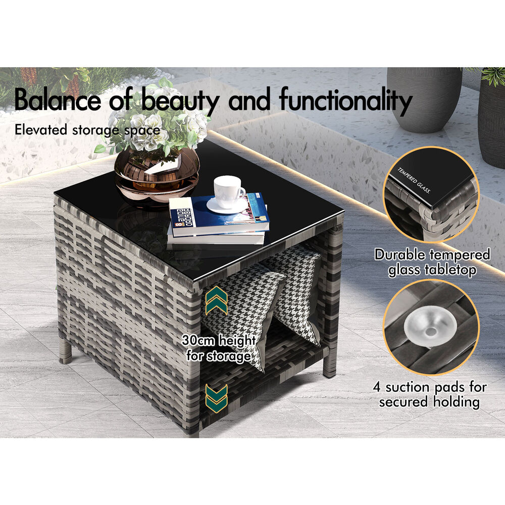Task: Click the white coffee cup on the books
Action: click(x=228, y=191)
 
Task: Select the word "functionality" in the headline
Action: click(x=346, y=100)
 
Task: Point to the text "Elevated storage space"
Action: click(x=87, y=130)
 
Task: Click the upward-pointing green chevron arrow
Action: click(x=217, y=300)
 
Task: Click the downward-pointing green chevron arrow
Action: click(x=217, y=398)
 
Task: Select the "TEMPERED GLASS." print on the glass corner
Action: click(x=414, y=180)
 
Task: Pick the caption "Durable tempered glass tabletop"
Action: click(x=432, y=262)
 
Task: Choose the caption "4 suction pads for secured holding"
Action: click(x=430, y=394)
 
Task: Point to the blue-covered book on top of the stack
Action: click(x=219, y=214)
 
